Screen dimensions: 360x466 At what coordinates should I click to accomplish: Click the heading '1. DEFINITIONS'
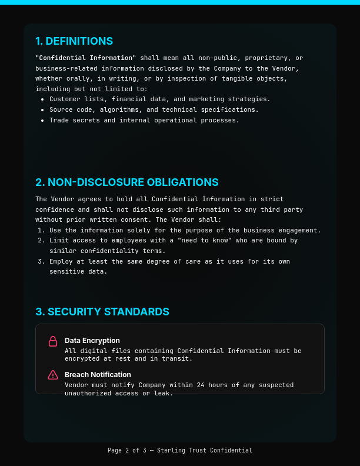[x=74, y=41]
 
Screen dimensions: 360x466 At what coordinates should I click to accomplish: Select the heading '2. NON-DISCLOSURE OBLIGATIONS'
[x=126, y=182]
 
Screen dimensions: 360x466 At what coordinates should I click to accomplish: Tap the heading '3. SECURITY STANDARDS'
[x=102, y=312]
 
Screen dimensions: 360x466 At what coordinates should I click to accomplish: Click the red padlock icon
[x=53, y=341]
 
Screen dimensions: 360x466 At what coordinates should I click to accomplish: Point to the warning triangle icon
[x=53, y=375]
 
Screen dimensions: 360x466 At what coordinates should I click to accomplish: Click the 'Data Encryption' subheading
[x=92, y=341]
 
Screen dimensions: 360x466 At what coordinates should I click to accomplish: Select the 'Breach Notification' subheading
[x=98, y=375]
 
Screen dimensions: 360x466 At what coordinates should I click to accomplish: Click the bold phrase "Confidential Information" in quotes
[x=86, y=58]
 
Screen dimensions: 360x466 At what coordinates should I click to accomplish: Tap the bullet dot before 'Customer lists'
[x=42, y=99]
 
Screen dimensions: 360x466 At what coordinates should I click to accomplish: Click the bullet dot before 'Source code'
[x=42, y=110]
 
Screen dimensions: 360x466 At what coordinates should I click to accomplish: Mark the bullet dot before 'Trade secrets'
[x=42, y=121]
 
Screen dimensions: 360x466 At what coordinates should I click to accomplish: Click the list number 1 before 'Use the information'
[x=40, y=231]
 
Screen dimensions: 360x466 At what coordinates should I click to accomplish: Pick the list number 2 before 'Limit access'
[x=40, y=241]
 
